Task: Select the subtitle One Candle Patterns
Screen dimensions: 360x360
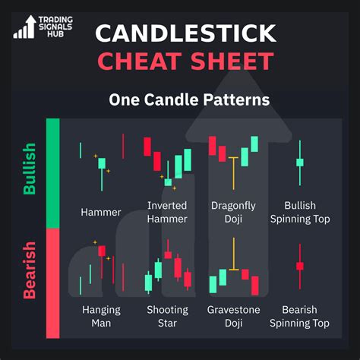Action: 188,99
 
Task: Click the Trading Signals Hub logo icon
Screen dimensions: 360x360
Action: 25,27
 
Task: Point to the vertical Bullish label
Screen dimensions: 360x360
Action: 30,169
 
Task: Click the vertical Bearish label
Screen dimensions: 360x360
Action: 30,270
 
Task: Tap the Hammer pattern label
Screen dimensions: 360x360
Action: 101,212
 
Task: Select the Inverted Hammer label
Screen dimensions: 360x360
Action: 167,212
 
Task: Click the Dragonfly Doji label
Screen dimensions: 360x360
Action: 233,212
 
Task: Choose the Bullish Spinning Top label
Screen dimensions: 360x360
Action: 300,212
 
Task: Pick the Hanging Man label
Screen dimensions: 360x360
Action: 101,316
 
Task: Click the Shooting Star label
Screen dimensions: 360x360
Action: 167,316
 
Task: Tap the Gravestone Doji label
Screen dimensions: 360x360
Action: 233,316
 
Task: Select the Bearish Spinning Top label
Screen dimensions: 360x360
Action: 300,316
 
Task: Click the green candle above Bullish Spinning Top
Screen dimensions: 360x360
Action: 300,162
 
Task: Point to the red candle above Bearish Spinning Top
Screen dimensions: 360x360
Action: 300,266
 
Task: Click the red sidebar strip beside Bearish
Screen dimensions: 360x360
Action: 53,282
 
